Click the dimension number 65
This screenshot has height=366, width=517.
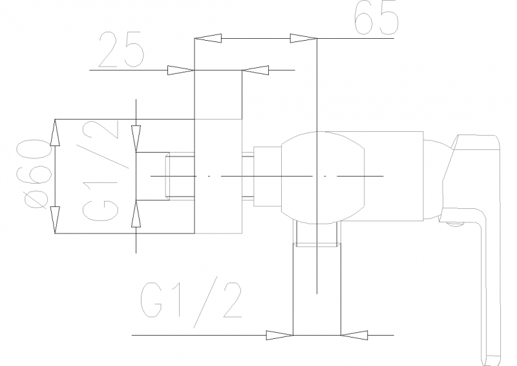point(376,18)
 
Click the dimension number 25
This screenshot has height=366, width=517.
point(121,50)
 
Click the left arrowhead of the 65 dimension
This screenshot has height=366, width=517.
point(207,38)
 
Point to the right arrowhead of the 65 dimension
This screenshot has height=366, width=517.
point(303,38)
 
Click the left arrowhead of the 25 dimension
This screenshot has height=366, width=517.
point(181,70)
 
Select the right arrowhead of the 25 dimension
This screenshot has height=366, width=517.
point(255,70)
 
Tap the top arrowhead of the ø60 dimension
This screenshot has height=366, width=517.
point(55,133)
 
